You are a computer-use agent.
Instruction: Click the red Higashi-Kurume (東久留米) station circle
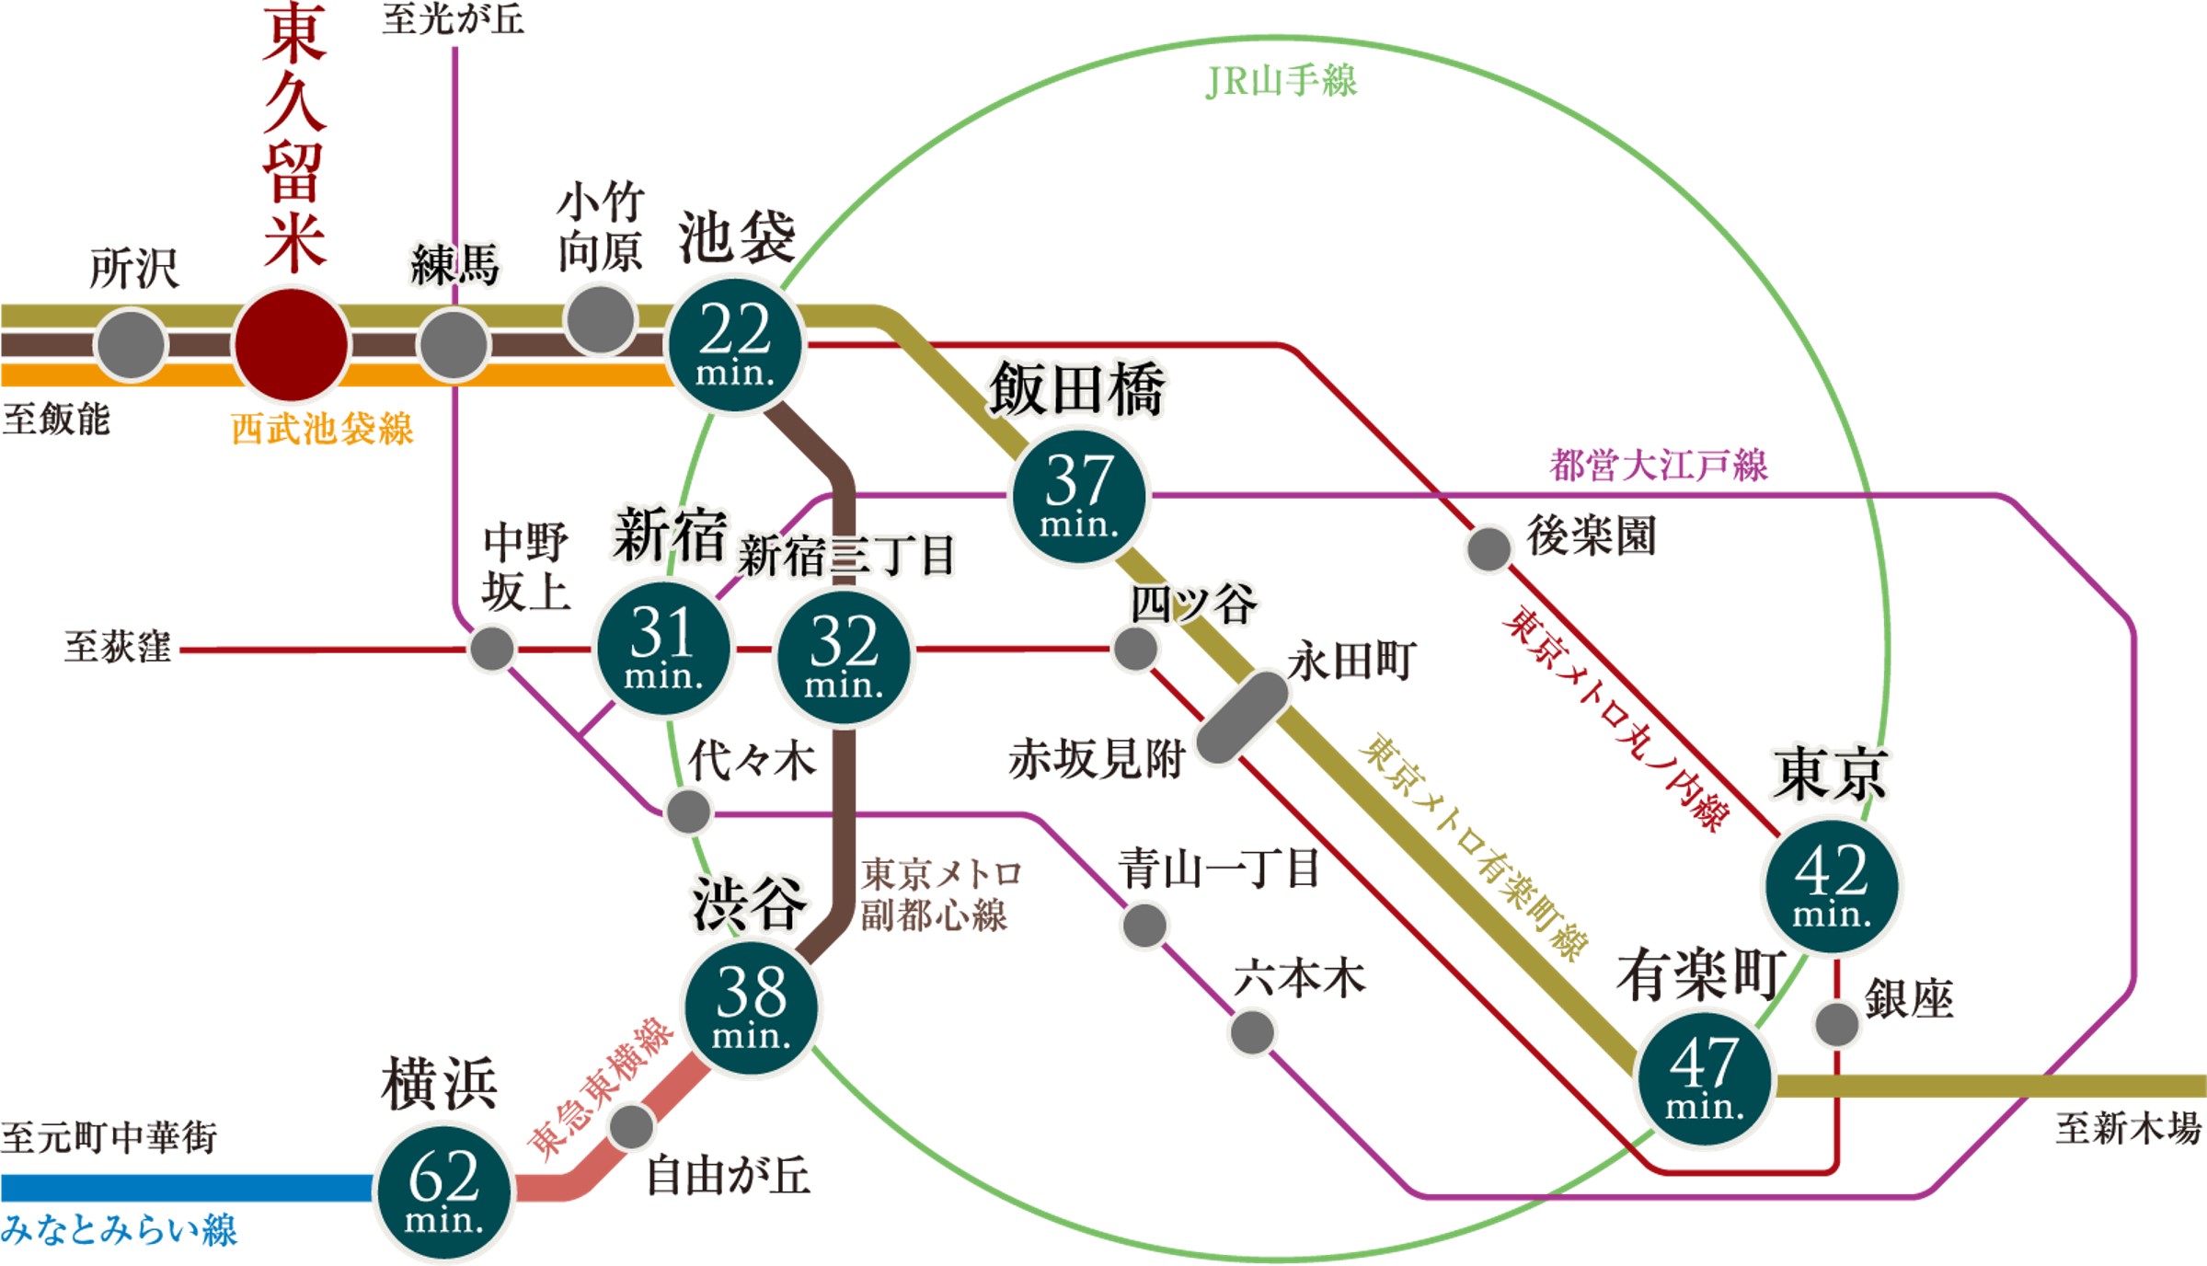[292, 345]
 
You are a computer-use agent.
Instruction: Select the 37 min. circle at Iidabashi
[1079, 497]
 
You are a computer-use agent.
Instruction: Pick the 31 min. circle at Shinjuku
[663, 649]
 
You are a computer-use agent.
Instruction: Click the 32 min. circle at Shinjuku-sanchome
[844, 657]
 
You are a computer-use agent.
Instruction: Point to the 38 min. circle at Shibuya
[751, 1007]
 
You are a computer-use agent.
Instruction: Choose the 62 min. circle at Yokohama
[443, 1192]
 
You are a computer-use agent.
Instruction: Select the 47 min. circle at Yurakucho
[1705, 1078]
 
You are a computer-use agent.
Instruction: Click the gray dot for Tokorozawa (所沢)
[131, 345]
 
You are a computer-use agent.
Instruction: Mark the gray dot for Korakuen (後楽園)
[1488, 548]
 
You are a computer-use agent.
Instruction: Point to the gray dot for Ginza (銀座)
[1836, 1024]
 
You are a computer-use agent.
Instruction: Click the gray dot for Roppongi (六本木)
[1252, 1032]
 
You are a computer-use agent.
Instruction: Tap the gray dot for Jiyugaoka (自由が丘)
[631, 1126]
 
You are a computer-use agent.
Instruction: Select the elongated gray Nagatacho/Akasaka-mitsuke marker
[1242, 718]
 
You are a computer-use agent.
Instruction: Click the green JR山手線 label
[1281, 81]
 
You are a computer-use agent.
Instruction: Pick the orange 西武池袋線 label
[322, 429]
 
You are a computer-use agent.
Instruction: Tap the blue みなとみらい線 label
[120, 1230]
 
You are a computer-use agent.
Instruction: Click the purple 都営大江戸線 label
[1659, 465]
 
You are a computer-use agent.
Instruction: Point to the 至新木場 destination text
[2128, 1128]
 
